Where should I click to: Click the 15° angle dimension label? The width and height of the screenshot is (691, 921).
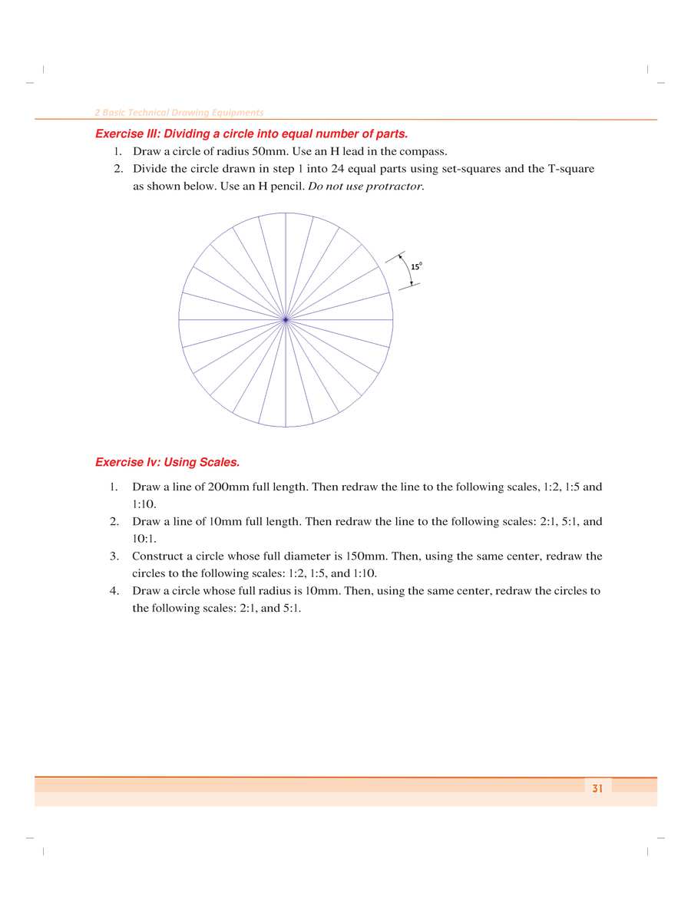pos(416,266)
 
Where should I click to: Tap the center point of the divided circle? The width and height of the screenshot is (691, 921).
pos(286,319)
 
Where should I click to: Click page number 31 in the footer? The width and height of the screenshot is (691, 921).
pos(597,788)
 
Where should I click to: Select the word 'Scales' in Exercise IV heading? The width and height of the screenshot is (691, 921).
pos(219,462)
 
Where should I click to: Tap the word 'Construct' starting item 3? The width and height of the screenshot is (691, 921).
pos(157,556)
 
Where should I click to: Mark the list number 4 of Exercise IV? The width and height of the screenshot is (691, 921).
pos(113,591)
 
